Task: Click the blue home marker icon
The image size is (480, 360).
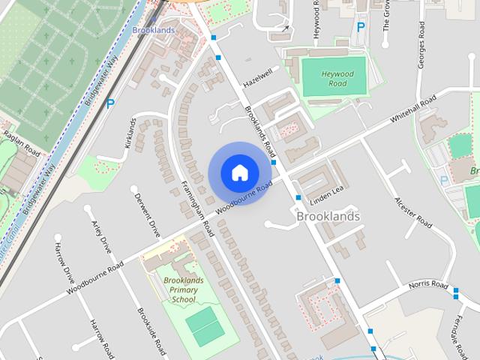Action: click(x=239, y=172)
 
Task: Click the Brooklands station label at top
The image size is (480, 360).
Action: click(x=153, y=30)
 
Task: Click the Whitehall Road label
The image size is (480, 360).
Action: click(x=413, y=110)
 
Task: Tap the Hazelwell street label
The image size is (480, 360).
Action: click(x=256, y=76)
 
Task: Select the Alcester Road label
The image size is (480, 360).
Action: click(x=413, y=212)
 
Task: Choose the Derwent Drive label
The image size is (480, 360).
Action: click(x=147, y=216)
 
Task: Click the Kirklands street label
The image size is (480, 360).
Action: click(x=133, y=133)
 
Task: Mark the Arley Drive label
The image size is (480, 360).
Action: click(x=101, y=238)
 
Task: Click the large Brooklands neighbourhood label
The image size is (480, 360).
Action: click(x=328, y=216)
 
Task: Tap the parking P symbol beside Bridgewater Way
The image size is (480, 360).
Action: click(x=110, y=104)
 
